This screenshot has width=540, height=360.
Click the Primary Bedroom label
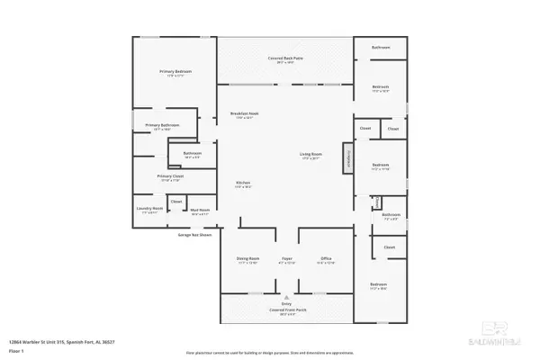tap(176, 72)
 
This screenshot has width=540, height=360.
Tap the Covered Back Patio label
tap(283, 59)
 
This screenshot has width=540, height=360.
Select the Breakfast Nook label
tap(245, 115)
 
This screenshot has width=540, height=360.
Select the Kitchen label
tap(243, 184)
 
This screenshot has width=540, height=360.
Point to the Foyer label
tap(286, 259)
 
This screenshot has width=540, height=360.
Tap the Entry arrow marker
tap(286, 297)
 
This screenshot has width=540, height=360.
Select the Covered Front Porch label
tap(286, 310)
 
